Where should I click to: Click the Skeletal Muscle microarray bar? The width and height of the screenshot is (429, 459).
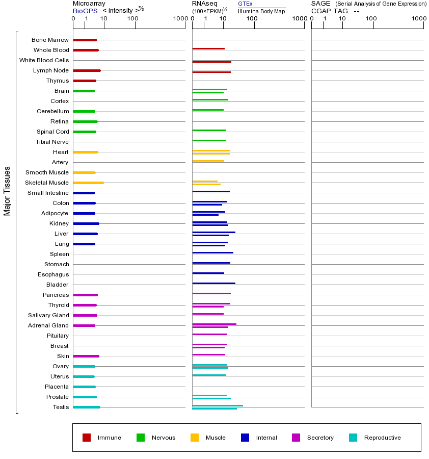pos(88,183)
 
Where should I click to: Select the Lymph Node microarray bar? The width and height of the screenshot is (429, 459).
pos(87,70)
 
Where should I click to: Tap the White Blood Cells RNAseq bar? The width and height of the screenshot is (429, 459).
pos(211,62)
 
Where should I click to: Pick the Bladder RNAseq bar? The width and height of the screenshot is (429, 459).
pos(213,283)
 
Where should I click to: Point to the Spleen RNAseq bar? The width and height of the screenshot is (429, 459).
pos(212,252)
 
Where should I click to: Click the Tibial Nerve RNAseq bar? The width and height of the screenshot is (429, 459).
pos(209,140)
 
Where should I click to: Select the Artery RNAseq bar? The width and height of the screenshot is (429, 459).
pos(208,161)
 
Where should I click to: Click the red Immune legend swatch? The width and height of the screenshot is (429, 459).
pos(87,438)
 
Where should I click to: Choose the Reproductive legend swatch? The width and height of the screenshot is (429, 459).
pos(353,438)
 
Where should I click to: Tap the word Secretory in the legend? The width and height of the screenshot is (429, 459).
pos(320,438)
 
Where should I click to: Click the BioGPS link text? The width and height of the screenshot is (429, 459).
pos(85,11)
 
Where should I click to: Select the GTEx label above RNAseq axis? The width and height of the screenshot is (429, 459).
pos(245,4)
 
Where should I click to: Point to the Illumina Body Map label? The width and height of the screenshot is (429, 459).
pos(261,11)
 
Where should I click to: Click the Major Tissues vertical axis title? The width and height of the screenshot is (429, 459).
pos(7,191)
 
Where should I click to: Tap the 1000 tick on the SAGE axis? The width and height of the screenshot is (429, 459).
pos(418,19)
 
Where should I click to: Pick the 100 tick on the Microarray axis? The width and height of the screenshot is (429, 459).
pos(132,19)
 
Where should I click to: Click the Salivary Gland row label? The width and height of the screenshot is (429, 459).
pos(49,315)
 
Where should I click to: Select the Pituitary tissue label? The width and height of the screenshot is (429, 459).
pos(58,336)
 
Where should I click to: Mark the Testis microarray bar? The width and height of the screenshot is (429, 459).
pos(87,407)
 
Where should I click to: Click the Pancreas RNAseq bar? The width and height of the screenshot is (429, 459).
pos(211,293)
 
